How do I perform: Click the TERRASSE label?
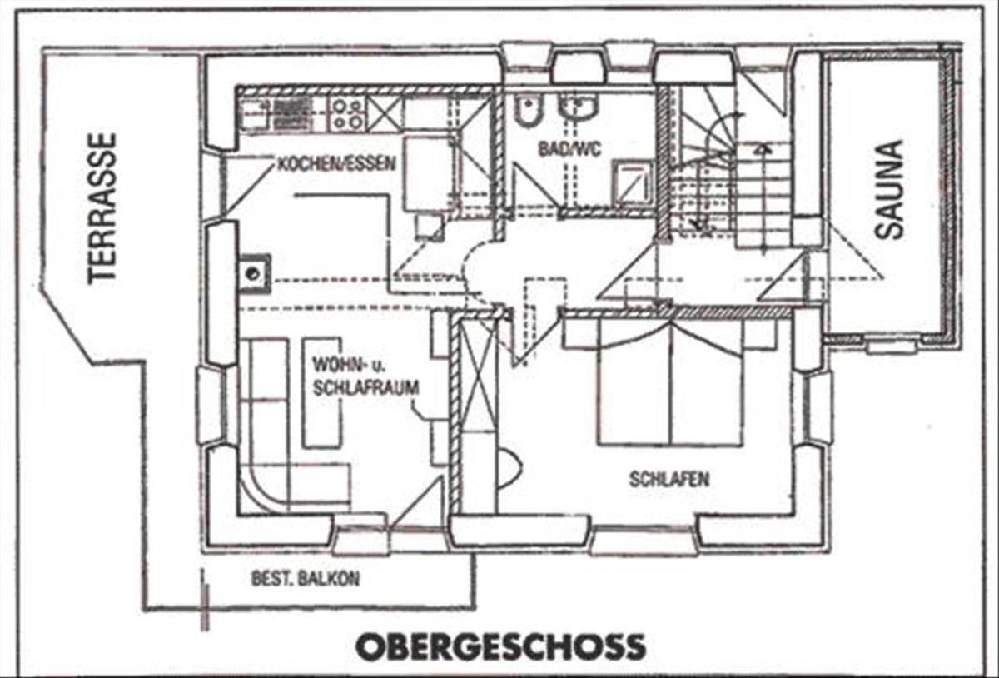(102, 208)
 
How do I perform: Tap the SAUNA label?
(889, 190)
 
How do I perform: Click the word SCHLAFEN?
(669, 480)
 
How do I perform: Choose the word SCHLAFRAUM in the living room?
(366, 387)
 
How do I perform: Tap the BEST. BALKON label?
(306, 578)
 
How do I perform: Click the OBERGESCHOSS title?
(500, 646)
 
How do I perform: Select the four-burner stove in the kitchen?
(347, 114)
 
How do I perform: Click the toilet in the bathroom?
(525, 112)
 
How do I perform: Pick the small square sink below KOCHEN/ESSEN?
(253, 273)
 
